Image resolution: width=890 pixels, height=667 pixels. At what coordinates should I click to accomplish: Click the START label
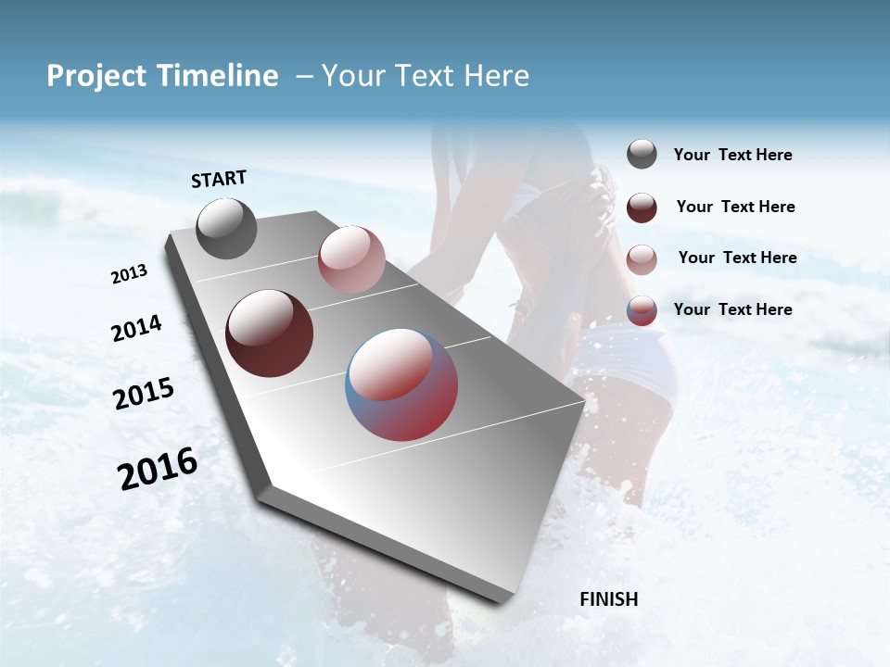point(219,179)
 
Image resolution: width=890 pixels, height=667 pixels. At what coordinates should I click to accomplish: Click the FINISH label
point(608,599)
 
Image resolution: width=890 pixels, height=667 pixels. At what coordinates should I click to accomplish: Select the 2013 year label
point(129,274)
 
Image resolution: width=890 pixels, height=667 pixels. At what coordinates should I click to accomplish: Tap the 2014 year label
point(136,329)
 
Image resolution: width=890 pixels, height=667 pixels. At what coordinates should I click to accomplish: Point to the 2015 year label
point(144,394)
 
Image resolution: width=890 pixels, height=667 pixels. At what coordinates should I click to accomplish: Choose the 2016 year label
point(158,469)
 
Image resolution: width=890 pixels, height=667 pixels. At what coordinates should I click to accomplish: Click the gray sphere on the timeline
point(227,229)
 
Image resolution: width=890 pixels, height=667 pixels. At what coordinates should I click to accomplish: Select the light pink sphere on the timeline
point(351,259)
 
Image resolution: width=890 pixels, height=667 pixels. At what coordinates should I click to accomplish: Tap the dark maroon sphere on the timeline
point(270,333)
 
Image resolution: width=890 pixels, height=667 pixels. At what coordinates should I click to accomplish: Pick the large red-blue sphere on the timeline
point(401,384)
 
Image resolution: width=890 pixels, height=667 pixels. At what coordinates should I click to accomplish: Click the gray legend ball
point(642,155)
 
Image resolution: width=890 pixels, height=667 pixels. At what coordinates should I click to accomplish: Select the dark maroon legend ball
point(642,208)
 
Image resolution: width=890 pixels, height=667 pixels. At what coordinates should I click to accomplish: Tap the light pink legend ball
point(642,258)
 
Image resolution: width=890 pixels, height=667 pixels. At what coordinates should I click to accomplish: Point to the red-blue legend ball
point(642,310)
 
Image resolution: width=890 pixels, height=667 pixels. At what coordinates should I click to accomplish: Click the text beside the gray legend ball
point(732,156)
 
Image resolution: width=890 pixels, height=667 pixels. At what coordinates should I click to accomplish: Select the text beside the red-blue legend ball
point(732,309)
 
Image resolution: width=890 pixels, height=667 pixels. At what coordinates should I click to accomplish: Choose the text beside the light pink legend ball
point(737,258)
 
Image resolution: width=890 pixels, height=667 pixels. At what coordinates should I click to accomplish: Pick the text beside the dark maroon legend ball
point(735,207)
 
